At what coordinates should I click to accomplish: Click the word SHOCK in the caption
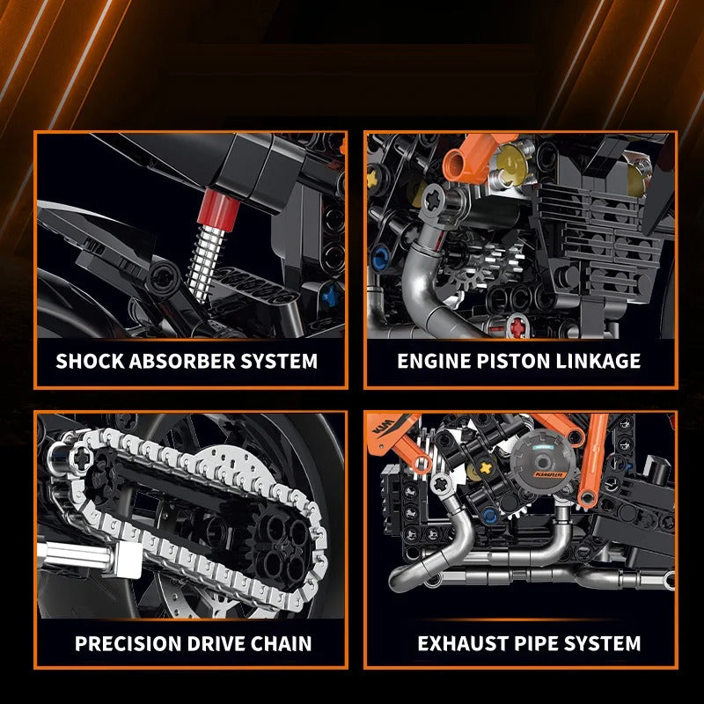(91, 361)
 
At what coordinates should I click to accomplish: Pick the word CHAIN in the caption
(281, 643)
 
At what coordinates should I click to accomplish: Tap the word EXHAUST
(464, 643)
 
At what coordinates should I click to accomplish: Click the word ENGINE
(434, 361)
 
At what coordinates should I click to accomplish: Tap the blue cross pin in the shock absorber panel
(331, 296)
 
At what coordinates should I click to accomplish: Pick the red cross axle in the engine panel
(517, 326)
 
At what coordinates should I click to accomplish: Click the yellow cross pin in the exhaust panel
(486, 468)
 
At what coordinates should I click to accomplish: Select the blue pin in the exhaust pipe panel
(491, 515)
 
